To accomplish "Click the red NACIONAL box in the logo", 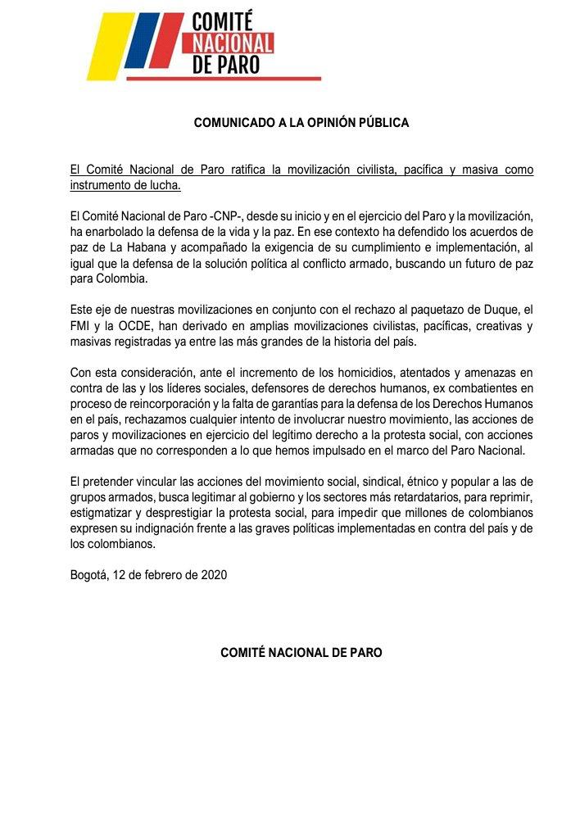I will (x=233, y=43).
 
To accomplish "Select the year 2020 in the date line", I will (x=212, y=574).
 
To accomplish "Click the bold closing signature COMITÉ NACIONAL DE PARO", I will (x=301, y=653).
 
